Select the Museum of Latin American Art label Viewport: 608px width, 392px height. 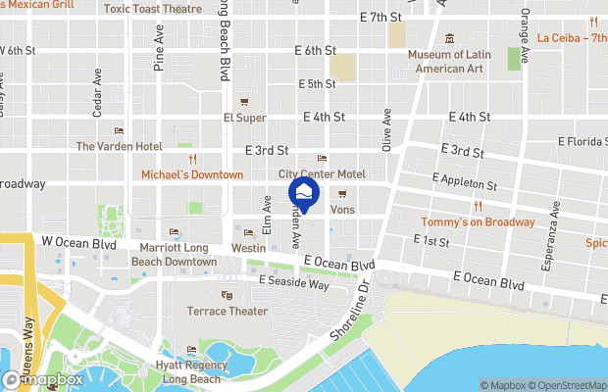(449, 61)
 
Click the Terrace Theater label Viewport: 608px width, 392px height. (228, 311)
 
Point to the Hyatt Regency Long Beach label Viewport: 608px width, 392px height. (192, 371)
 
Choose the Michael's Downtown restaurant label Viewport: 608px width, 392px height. (192, 174)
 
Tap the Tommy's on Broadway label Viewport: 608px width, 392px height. (478, 221)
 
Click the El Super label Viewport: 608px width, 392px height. (245, 118)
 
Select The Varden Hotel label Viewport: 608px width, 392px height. (119, 146)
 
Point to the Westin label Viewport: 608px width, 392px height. (248, 249)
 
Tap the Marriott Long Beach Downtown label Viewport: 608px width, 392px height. (174, 255)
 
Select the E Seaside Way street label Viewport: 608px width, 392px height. (293, 282)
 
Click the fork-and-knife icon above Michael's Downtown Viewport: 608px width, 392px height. (192, 159)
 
